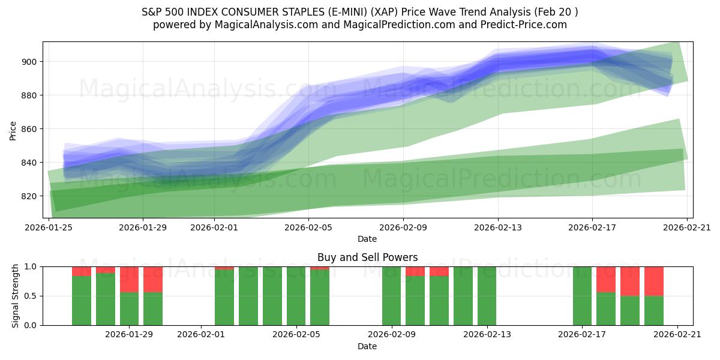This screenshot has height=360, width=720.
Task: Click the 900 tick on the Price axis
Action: coord(31,62)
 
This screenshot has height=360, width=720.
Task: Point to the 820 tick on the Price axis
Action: coord(31,196)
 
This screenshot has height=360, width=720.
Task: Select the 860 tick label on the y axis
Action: coord(31,129)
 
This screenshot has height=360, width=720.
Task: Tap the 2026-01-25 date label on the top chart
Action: coord(48,228)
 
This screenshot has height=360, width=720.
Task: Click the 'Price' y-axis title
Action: coord(13,130)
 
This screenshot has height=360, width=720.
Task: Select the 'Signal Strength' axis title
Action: coord(16,296)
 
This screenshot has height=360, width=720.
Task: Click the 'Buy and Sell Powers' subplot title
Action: coord(367,257)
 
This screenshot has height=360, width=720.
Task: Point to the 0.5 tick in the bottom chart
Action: coord(31,296)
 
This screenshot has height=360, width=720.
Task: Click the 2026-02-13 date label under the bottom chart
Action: coord(487,335)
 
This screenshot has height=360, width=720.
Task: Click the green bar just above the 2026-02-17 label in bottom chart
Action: coord(583,296)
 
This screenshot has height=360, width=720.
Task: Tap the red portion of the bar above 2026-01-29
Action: coord(130,279)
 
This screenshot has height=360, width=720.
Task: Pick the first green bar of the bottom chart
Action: coord(82,300)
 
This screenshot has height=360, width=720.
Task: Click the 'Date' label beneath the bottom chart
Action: coord(367,346)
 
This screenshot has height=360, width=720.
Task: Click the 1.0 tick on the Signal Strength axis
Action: coord(31,266)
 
